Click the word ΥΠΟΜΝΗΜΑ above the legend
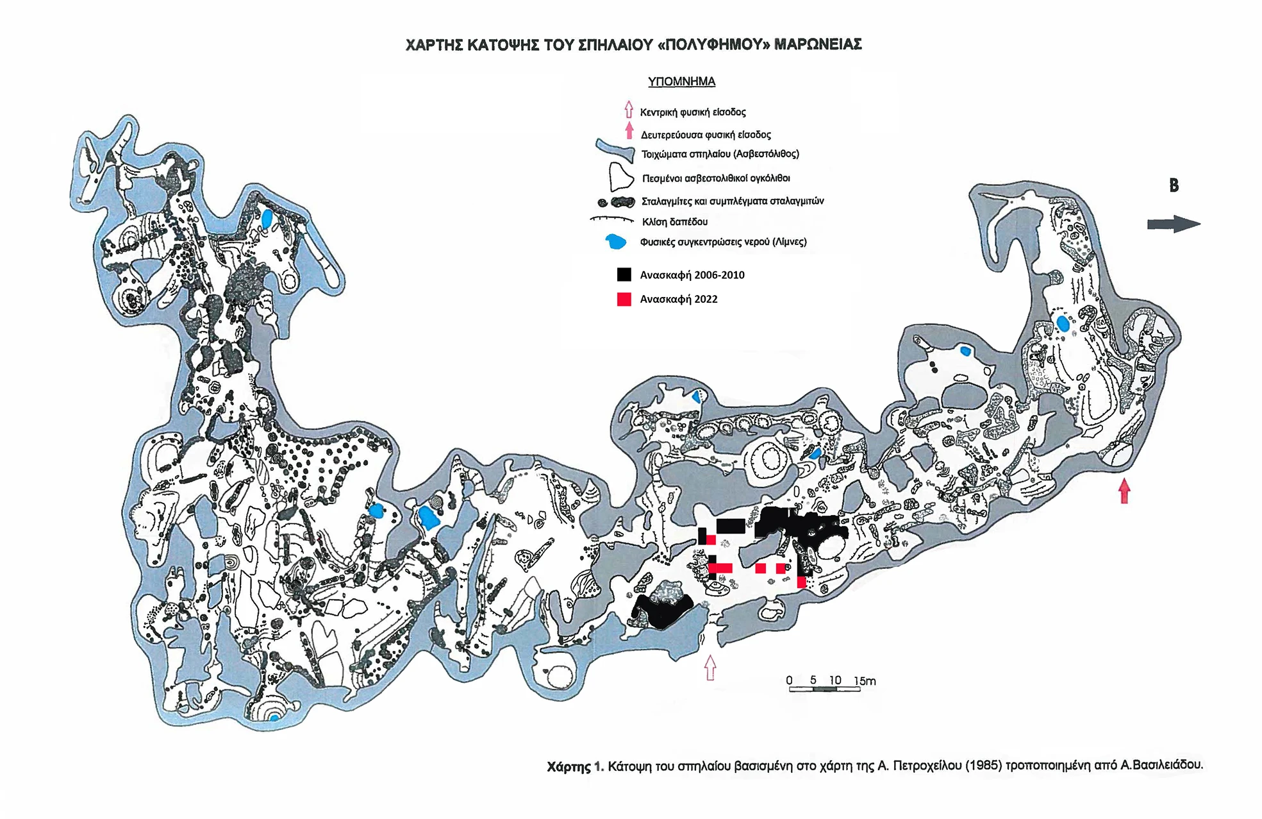coord(681,81)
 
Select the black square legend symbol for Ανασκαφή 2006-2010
coord(624,274)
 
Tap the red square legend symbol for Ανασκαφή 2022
coord(624,299)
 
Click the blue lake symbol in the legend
coord(616,242)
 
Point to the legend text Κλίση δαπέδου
coord(674,222)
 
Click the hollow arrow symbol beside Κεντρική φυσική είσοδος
coord(629,110)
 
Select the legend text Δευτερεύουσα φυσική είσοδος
coord(706,135)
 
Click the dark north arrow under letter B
coord(1173,224)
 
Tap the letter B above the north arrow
coord(1174,185)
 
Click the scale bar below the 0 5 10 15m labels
coord(824,689)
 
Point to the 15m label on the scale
coord(865,680)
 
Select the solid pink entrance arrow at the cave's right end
coord(1124,491)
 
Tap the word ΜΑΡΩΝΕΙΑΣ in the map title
coord(818,44)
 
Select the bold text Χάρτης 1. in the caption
coord(575,766)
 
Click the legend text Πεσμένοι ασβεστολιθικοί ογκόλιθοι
coord(716,178)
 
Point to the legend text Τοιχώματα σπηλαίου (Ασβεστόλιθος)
coord(720,154)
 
